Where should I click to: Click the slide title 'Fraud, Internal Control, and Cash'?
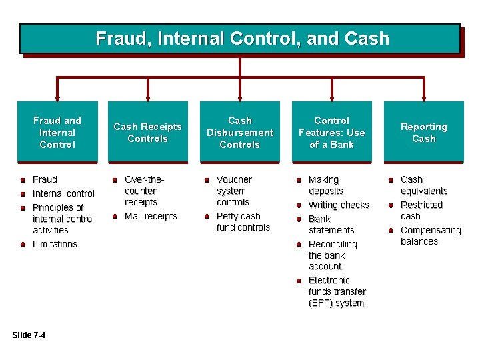[241, 39]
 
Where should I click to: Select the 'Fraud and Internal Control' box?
[57, 132]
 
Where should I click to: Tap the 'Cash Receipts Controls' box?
[148, 132]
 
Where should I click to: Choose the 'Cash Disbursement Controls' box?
[240, 132]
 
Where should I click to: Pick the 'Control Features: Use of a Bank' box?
[331, 132]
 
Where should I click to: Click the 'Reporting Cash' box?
[423, 132]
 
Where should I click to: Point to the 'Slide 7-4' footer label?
[29, 335]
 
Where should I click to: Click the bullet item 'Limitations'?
[55, 244]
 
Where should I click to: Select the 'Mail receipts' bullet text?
[151, 216]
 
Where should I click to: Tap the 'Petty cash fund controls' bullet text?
[243, 222]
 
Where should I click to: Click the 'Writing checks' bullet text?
[339, 205]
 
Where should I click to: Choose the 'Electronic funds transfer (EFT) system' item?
[337, 292]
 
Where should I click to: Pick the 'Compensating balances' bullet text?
[430, 236]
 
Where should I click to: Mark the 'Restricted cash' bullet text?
[421, 210]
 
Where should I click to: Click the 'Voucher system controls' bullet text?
[234, 191]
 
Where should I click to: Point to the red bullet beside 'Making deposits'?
[299, 180]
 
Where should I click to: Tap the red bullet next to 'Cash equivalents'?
[391, 180]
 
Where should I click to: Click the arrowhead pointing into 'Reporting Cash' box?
[423, 96]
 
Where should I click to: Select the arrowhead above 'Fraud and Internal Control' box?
[57, 96]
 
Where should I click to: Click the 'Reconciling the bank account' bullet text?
[332, 255]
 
